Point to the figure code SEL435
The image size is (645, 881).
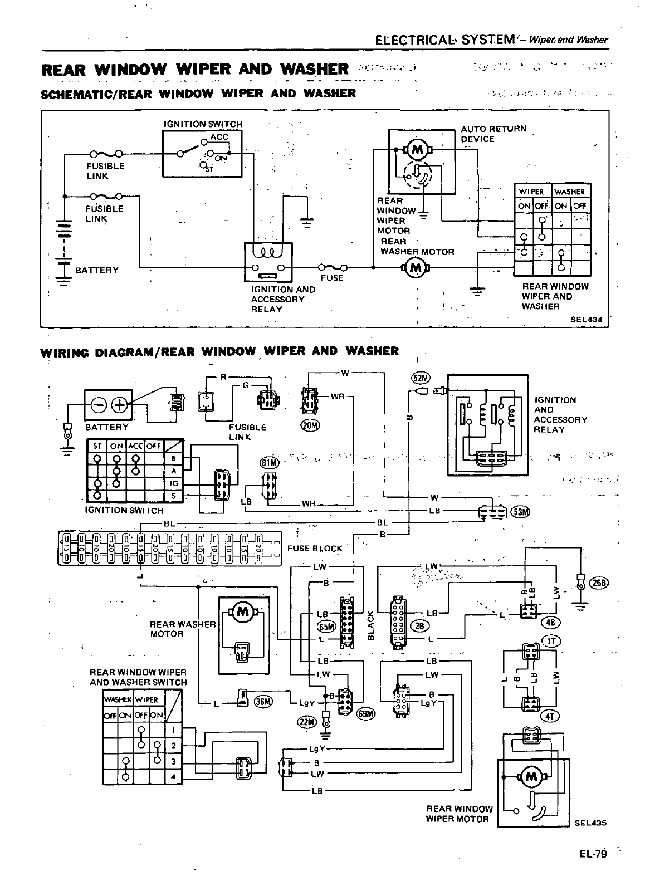[x=589, y=822]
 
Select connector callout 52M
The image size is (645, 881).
[x=420, y=378]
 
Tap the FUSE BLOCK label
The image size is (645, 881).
[x=315, y=549]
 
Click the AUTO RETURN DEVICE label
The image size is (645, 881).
[x=492, y=134]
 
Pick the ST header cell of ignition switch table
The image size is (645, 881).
[x=97, y=446]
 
